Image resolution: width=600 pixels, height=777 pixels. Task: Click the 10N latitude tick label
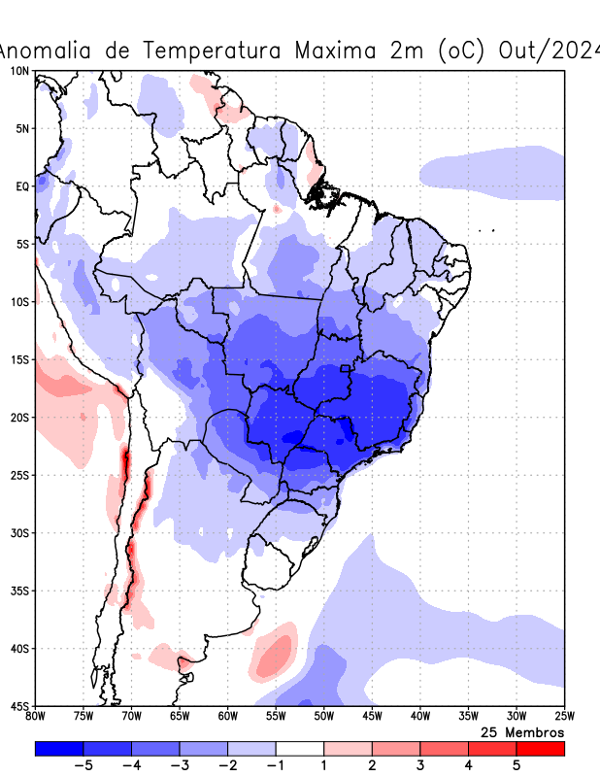[19, 71]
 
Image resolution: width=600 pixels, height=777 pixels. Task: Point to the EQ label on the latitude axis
[22, 186]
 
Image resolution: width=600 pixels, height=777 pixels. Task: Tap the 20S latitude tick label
[19, 418]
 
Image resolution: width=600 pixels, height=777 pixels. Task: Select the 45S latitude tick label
[19, 706]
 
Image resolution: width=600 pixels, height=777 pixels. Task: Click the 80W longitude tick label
[36, 717]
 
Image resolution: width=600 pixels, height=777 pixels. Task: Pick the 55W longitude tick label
[276, 717]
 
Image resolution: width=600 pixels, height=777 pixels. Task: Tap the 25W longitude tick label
[564, 717]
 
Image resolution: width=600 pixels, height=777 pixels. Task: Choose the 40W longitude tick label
[419, 717]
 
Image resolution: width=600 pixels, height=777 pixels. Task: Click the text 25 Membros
[522, 731]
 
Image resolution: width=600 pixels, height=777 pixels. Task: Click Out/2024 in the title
[549, 51]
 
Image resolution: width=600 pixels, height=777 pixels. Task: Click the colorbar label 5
[517, 765]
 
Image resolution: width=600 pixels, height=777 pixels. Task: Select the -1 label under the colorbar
[276, 765]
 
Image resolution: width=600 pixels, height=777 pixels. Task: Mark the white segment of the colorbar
[299, 749]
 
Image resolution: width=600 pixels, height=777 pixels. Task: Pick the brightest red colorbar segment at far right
[540, 749]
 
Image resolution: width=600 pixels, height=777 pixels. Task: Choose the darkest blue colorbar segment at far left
[59, 749]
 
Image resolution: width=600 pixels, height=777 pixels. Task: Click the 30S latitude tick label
[19, 533]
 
